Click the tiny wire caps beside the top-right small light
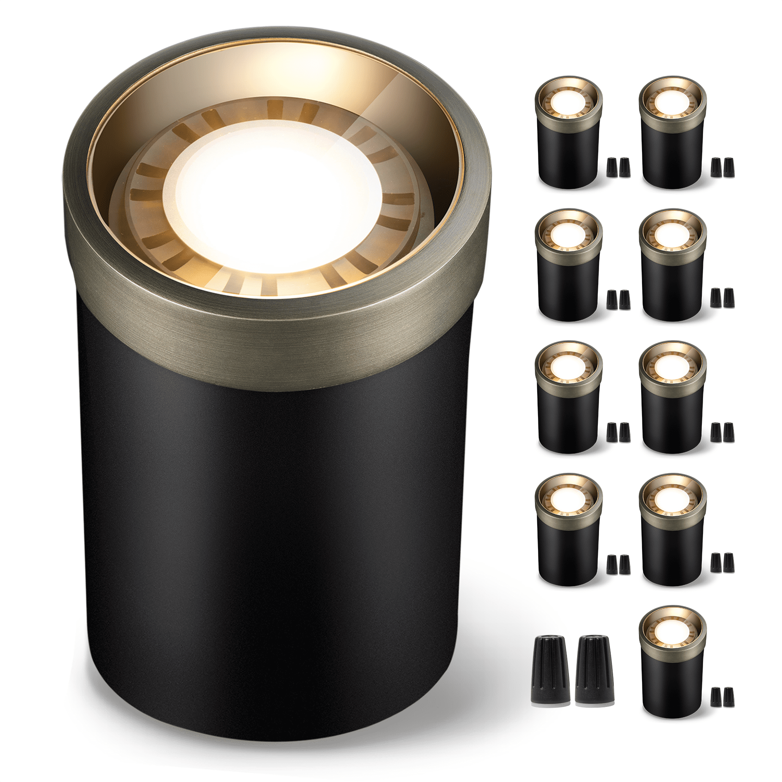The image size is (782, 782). (x=723, y=167)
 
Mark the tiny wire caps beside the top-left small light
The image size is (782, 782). (x=619, y=167)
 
